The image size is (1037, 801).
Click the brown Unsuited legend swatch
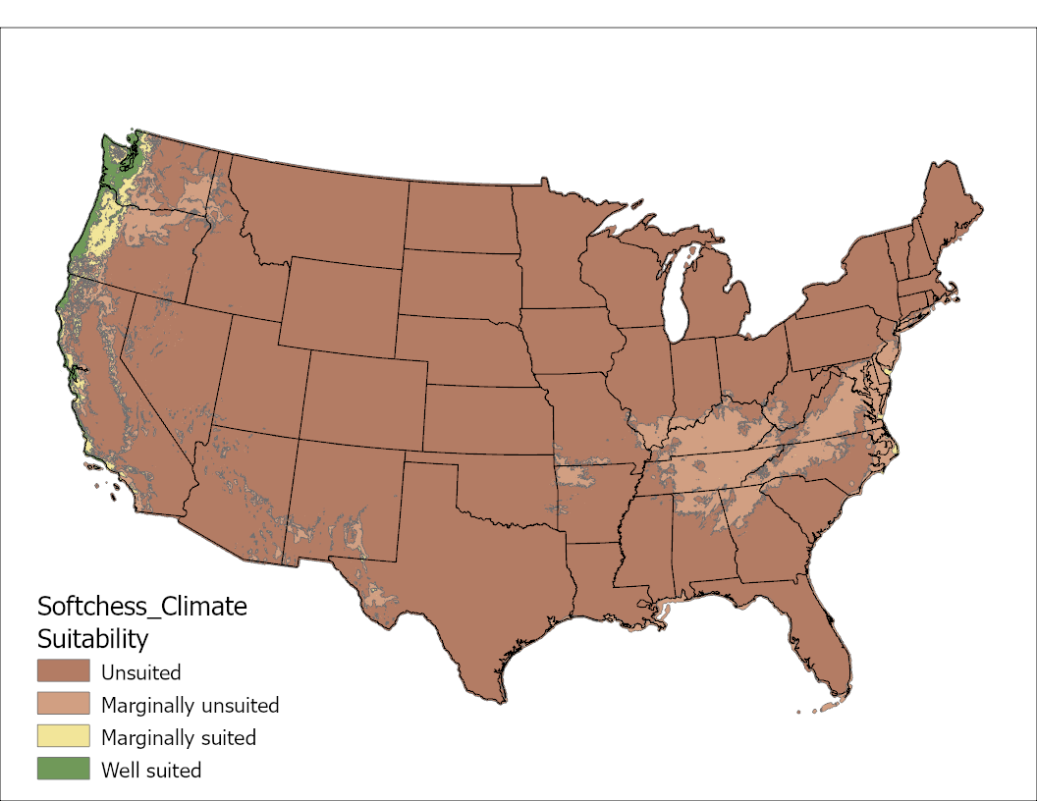click(x=64, y=671)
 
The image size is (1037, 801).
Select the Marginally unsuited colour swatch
click(x=64, y=704)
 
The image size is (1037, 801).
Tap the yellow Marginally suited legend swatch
click(x=64, y=736)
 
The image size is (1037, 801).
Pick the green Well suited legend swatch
click(x=64, y=769)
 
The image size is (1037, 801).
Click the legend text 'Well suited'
click(x=151, y=770)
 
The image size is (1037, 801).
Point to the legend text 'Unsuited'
click(x=140, y=672)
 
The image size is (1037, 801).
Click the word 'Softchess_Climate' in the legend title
click(x=141, y=606)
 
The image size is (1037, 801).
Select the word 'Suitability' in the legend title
click(x=92, y=639)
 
